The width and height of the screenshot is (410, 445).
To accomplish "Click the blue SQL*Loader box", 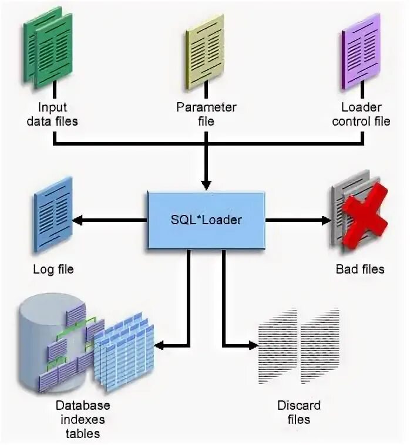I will pos(206,220).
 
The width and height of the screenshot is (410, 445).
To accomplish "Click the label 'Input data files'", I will pos(53,114).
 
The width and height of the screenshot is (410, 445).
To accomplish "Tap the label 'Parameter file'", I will pos(206,114).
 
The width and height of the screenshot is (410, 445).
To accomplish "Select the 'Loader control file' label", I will pos(361,114).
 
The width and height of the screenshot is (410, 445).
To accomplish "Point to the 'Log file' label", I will pos(53,269).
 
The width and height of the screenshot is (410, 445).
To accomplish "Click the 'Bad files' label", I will pos(360,269).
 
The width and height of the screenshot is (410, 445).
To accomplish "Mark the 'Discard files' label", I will pos(299,412).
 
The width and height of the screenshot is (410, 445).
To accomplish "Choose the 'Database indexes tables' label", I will pos(83,419).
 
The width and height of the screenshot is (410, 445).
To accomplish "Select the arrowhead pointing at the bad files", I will pos(326,220).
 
